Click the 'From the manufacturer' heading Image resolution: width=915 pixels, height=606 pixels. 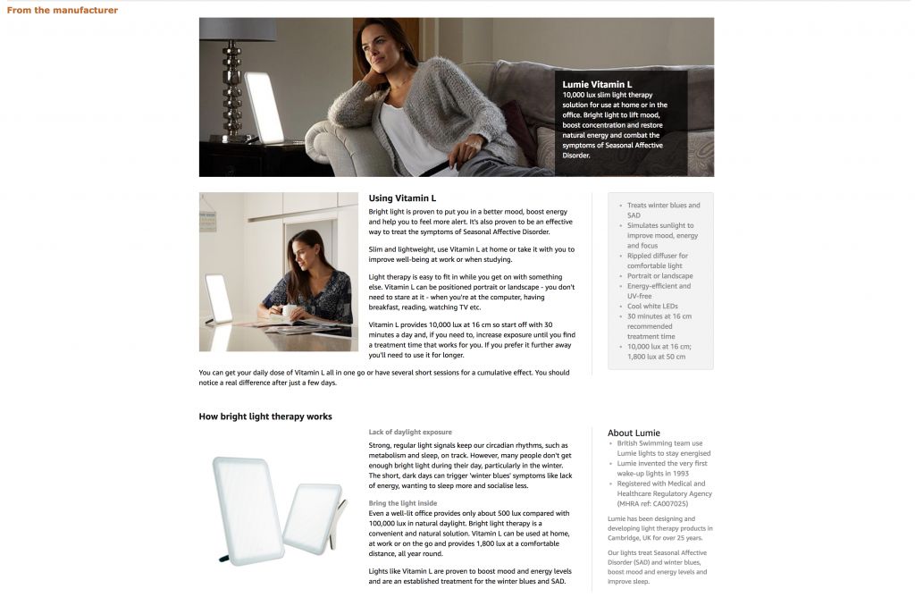[63, 11]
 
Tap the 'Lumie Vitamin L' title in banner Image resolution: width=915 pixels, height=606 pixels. [597, 84]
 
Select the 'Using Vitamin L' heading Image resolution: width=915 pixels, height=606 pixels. [402, 198]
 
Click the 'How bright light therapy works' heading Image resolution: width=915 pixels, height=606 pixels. [265, 417]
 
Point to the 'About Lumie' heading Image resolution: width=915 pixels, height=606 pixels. [634, 433]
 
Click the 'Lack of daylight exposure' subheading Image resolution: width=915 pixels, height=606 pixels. [410, 432]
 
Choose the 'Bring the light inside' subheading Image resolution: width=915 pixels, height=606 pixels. [403, 503]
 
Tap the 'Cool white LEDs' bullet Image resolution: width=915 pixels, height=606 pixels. [652, 307]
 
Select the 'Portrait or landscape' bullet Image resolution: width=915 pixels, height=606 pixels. [659, 276]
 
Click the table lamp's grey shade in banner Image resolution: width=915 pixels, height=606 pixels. [237, 29]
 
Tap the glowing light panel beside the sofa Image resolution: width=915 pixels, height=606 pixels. [264, 107]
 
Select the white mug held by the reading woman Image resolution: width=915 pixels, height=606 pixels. [290, 312]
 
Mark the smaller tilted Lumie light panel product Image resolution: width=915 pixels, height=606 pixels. [314, 519]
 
